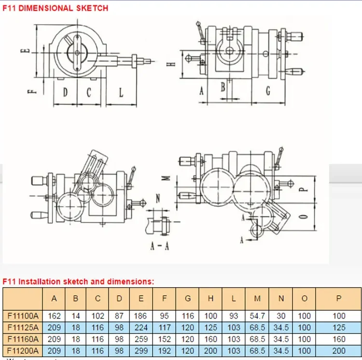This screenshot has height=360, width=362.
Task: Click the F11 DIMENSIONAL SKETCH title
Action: [55, 8]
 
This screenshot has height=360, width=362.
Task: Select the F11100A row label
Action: [23, 316]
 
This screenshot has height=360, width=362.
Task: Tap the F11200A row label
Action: [23, 351]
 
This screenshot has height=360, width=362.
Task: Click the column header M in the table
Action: [257, 299]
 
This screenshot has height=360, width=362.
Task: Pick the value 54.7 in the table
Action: [257, 316]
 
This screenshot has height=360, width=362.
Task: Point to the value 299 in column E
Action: [141, 351]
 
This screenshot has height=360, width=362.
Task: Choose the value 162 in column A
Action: [54, 316]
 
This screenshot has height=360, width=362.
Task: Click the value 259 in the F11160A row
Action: [141, 339]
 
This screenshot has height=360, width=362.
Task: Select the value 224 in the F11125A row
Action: [141, 328]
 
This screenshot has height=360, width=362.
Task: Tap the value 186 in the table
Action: [141, 316]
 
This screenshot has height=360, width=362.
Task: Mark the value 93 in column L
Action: [234, 316]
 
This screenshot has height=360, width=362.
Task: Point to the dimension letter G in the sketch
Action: [268, 91]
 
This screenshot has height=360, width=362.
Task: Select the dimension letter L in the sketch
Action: [121, 92]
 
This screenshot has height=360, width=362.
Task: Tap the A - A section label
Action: [159, 246]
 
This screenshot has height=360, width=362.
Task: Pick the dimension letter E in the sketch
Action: [28, 50]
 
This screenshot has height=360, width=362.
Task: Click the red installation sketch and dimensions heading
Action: [78, 281]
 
